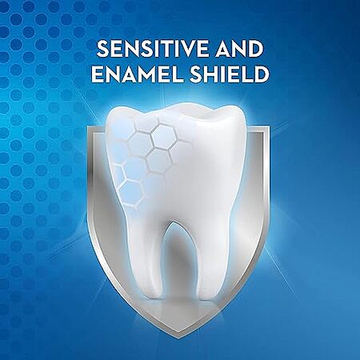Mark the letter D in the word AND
tap(255, 49)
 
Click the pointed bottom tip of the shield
tap(174, 338)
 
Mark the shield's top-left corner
tap(88, 127)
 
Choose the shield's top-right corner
tap(268, 127)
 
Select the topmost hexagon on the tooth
tap(164, 136)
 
